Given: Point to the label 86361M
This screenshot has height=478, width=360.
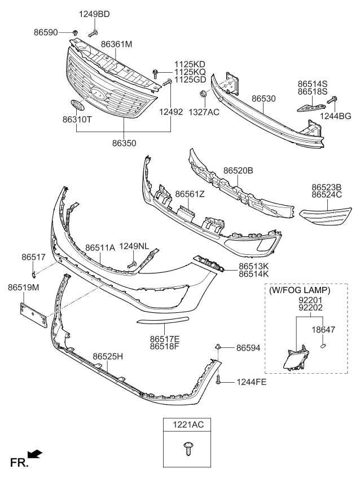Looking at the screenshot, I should coord(117,43).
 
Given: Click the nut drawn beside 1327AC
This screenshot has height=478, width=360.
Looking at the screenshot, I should coord(201,93).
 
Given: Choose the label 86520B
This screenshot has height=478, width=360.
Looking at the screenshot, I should coord(238,170).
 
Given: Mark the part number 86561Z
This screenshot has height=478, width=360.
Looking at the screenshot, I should coord(190,194).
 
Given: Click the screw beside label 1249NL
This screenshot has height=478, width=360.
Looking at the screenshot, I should coord(133,263).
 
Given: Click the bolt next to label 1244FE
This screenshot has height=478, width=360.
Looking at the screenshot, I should coord(218,381).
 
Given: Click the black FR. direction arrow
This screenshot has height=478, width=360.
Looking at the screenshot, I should coord(34,453).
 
